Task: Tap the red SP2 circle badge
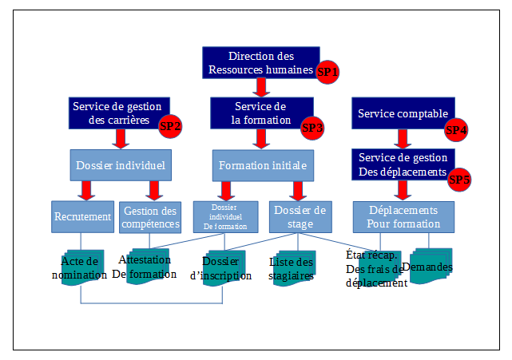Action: coord(171,126)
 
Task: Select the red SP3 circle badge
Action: coord(312,127)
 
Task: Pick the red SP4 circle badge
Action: coord(456,129)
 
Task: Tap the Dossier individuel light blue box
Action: coord(120,165)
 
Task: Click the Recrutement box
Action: coord(82,216)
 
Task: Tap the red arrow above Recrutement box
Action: coord(85,191)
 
